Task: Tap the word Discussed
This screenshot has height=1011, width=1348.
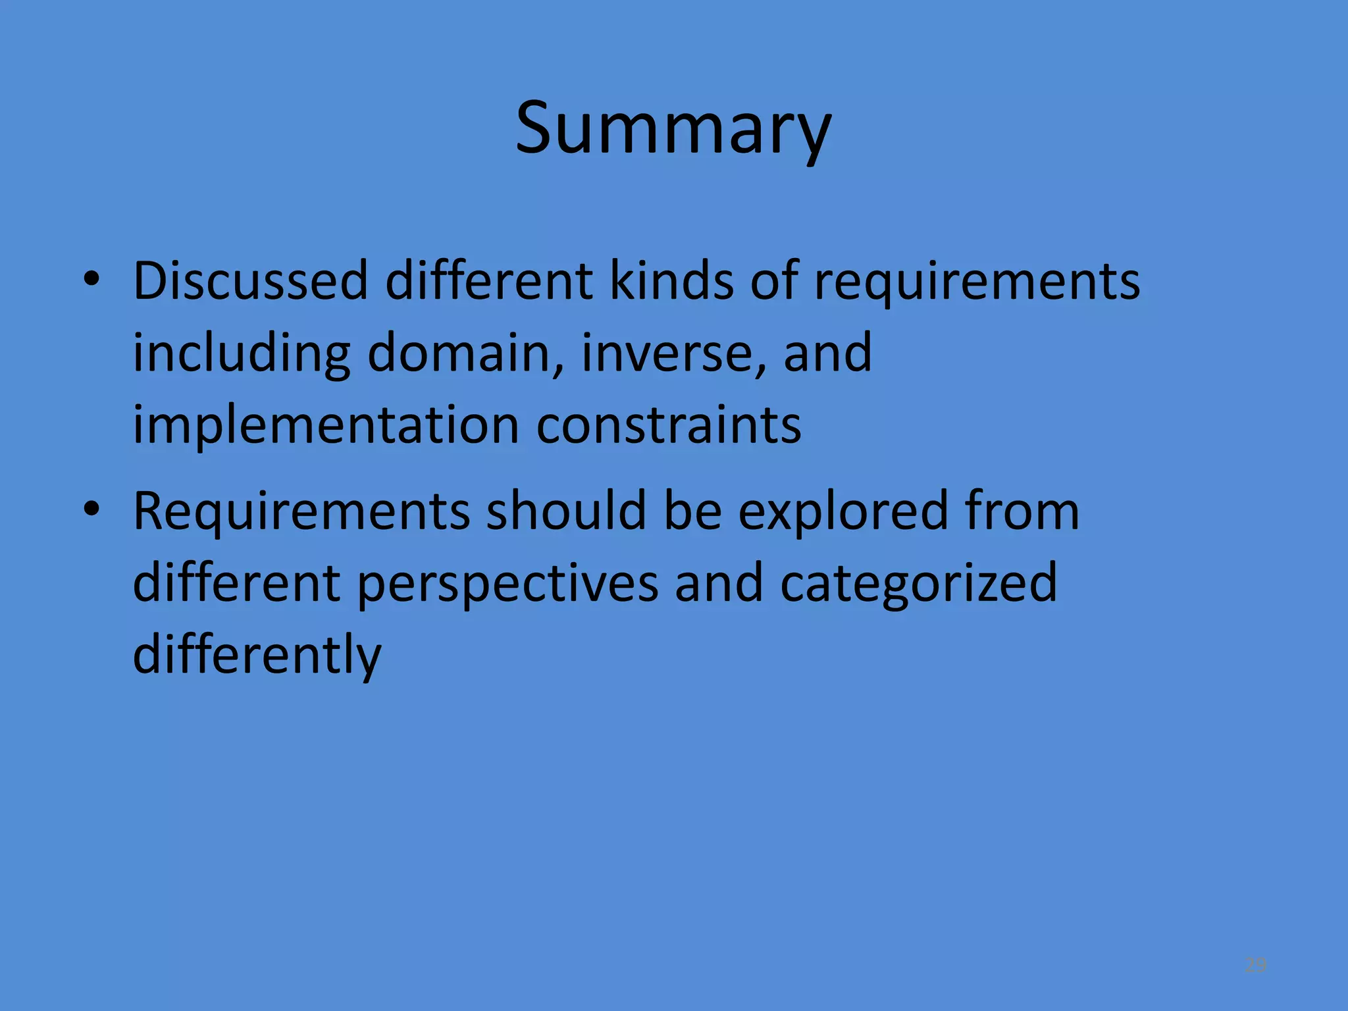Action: pyautogui.click(x=250, y=281)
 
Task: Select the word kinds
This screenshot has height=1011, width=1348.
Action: pyautogui.click(x=671, y=281)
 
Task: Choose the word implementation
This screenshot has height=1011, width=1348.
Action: pyautogui.click(x=326, y=426)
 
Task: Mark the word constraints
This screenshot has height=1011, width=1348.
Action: pyautogui.click(x=669, y=426)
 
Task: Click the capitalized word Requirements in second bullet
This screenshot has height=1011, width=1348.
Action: pyautogui.click(x=301, y=511)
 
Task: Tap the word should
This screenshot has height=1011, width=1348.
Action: pyautogui.click(x=566, y=511)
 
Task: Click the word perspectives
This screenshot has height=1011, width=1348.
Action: pyautogui.click(x=507, y=584)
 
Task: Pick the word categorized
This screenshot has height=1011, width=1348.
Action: pyautogui.click(x=918, y=584)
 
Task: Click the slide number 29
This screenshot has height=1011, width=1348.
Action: pyautogui.click(x=1255, y=965)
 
